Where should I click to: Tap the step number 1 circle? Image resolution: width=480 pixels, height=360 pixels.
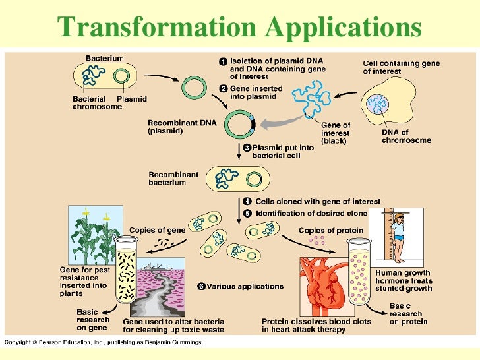[x=223, y=61]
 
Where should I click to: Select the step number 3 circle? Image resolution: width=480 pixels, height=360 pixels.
[x=246, y=147]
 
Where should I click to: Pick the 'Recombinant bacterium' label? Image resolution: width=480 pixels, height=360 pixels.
[x=173, y=178]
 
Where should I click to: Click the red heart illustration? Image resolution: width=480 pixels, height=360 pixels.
[x=323, y=284]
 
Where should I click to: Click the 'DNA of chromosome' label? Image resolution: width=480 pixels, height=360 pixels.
[x=406, y=136]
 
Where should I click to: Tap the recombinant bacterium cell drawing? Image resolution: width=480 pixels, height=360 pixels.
[x=238, y=177]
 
